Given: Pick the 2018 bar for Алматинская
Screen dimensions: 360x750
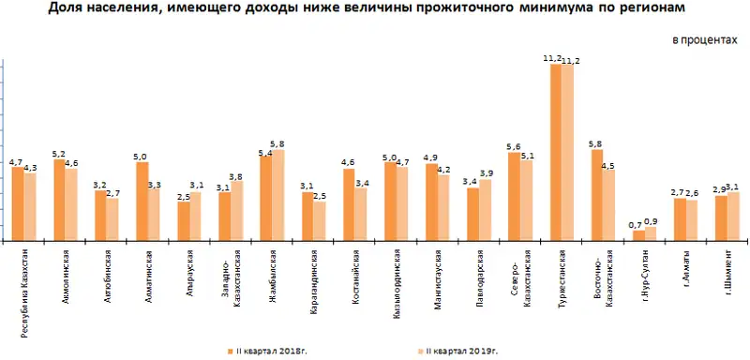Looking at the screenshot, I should pos(142,202).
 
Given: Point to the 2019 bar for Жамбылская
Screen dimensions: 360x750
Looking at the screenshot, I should pos(277,195).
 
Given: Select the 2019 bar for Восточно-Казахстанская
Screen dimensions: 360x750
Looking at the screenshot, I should pos(609,205).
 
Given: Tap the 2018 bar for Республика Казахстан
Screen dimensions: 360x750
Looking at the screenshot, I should pos(17,204).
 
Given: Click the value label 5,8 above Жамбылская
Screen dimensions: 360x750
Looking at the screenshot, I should pos(278,143).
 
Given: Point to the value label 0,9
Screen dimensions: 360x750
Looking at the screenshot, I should pos(652,221).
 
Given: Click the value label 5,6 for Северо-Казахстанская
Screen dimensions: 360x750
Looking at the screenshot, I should pos(513,146).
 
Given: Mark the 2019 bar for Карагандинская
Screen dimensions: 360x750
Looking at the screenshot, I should pos(320,221).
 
